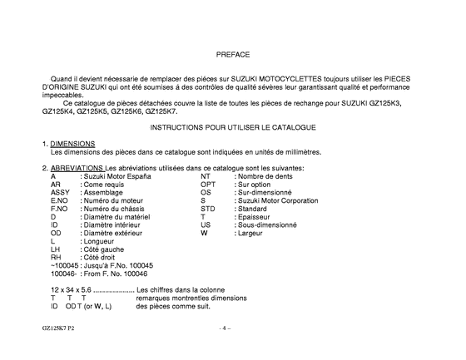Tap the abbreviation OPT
point(208,184)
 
